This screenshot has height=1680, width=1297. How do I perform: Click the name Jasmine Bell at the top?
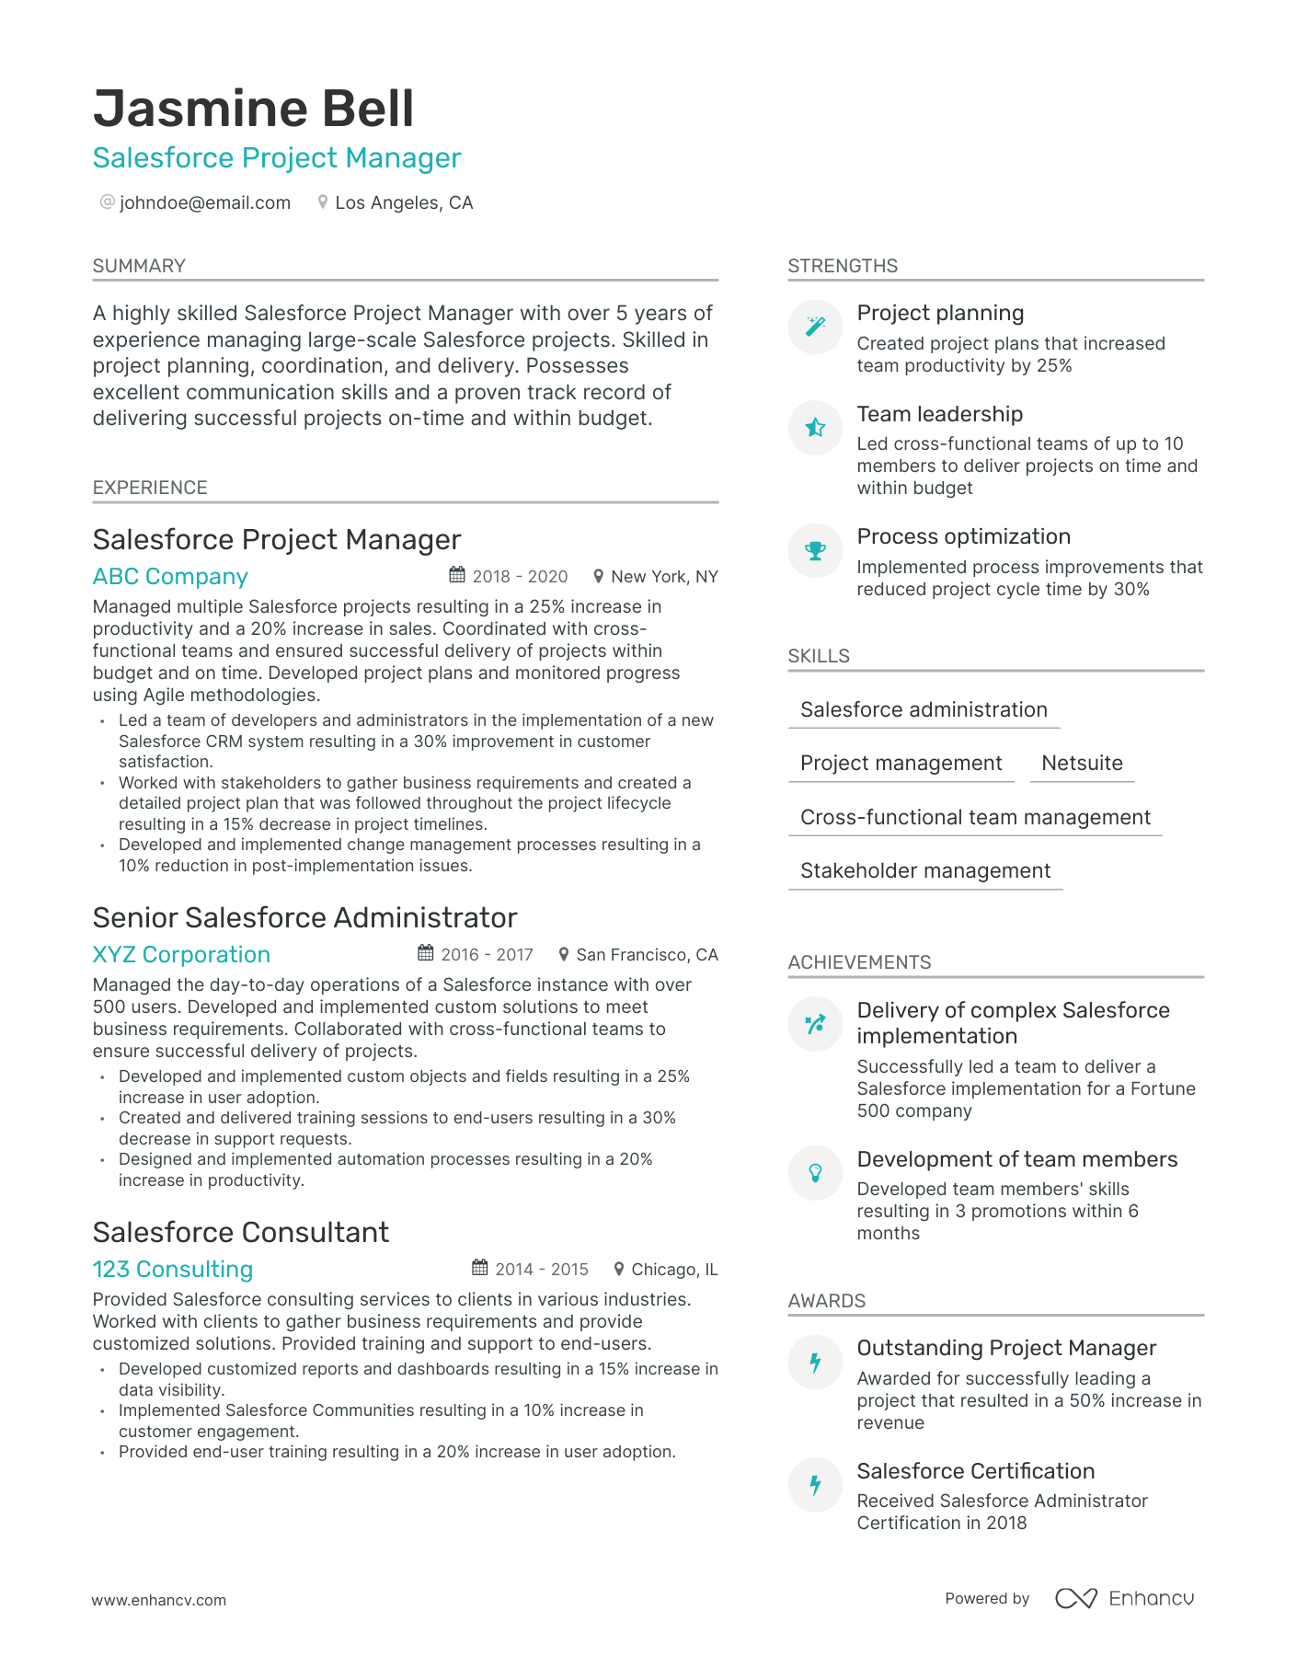point(253,109)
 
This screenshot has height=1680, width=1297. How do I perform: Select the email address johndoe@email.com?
point(204,202)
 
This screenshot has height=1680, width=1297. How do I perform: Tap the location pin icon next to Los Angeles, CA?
point(322,201)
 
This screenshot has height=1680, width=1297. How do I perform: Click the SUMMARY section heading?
point(139,266)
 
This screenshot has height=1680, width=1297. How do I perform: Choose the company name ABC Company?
point(170,577)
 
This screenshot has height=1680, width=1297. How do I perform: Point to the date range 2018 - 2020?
point(520,577)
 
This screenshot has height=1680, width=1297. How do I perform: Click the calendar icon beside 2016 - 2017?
point(425,953)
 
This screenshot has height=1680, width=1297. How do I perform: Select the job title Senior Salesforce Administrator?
point(304,917)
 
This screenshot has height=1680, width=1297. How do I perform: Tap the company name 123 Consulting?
point(172,1269)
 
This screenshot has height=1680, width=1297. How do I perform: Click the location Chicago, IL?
point(673,1270)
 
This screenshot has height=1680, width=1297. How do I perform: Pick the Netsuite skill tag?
point(1082,763)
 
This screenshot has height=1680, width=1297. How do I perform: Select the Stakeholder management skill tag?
point(924,870)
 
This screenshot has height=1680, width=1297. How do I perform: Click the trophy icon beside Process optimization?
point(815,550)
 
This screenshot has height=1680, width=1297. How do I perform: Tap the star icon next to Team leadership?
point(815,427)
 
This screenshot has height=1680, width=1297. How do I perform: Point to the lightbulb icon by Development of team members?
point(815,1172)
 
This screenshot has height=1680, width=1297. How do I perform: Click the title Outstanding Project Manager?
point(1006,1348)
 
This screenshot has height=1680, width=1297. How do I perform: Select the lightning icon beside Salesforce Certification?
point(815,1484)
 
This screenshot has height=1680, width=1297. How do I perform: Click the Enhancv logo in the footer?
point(1124,1598)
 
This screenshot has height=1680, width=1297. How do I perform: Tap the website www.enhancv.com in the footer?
point(158,1600)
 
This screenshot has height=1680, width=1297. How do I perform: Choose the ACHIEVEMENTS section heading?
point(859,962)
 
